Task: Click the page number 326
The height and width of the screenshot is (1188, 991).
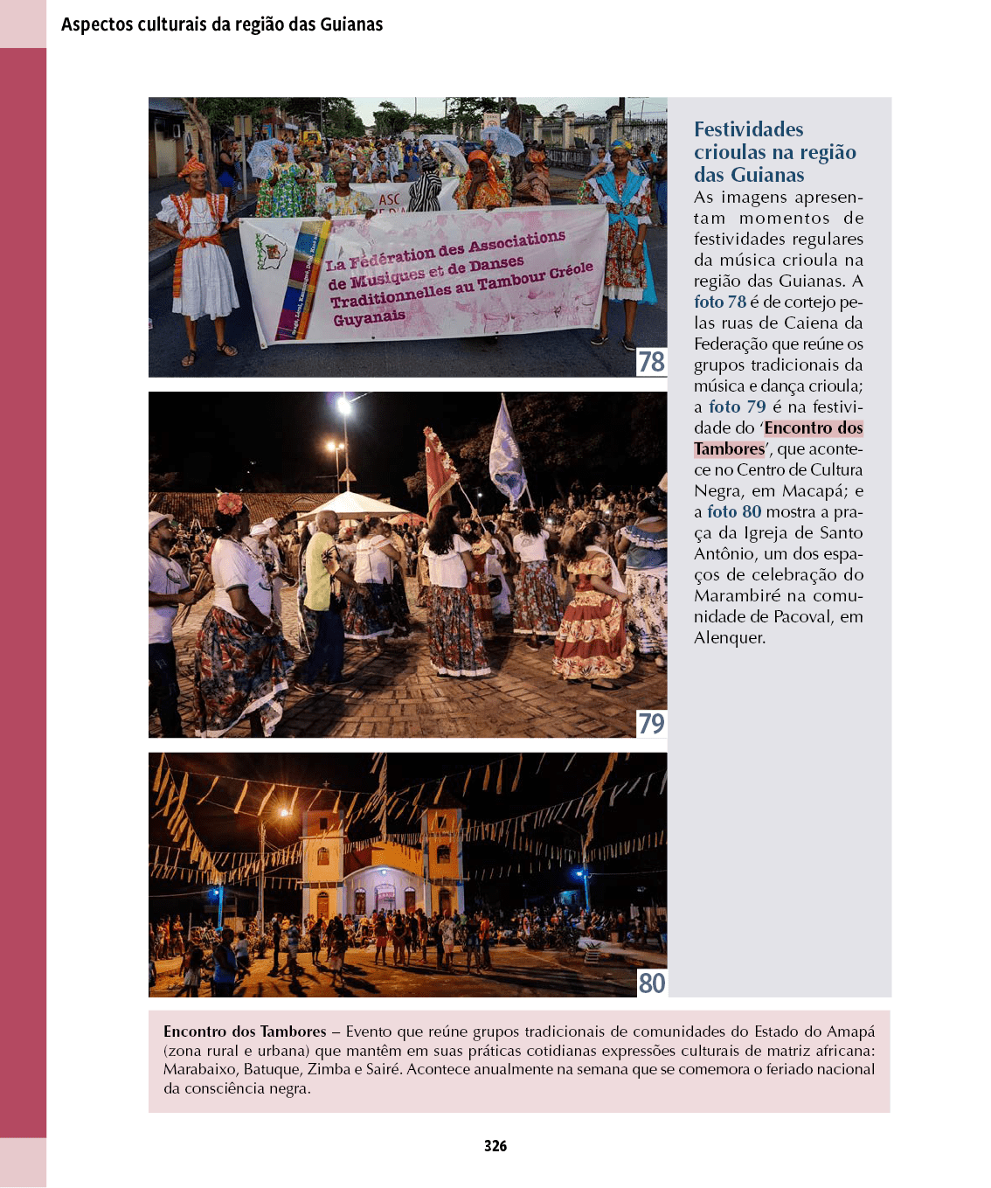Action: tap(495, 1146)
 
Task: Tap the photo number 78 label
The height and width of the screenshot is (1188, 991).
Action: tap(651, 362)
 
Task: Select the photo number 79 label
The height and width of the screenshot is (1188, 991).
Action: tap(651, 724)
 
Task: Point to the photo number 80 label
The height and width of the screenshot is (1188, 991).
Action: tap(651, 983)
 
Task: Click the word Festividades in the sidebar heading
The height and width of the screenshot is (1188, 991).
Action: tap(748, 129)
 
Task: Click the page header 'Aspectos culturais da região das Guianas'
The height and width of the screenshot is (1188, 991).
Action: tap(222, 24)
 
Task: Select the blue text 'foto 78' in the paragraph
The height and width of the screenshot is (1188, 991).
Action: tap(720, 302)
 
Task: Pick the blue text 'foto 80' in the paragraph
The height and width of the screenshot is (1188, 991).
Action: tap(734, 511)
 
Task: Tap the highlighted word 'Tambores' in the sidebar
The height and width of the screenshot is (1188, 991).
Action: tap(729, 448)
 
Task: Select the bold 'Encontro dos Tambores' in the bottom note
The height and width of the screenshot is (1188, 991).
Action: tap(245, 1032)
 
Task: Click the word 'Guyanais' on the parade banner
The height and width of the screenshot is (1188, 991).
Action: tap(369, 318)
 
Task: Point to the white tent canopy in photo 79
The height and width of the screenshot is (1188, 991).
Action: tap(353, 505)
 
